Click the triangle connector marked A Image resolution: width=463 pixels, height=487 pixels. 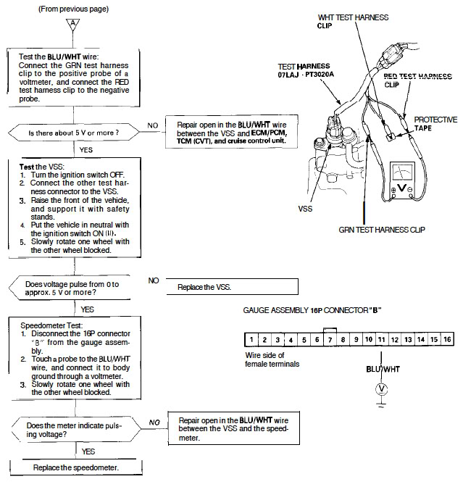click(73, 24)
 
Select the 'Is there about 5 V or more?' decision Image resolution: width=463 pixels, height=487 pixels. click(74, 133)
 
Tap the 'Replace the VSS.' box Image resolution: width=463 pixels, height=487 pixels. click(233, 287)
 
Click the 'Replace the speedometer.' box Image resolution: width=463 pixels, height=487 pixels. click(76, 467)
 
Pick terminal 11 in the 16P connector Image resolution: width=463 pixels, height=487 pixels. click(382, 339)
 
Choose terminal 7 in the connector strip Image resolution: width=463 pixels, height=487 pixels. click(330, 339)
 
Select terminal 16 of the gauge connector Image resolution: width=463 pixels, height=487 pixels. click(447, 339)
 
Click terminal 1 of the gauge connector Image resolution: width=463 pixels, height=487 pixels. click(251, 339)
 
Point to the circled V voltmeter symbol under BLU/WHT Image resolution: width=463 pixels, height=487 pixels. click(382, 389)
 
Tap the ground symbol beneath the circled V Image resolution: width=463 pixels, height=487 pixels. click(382, 403)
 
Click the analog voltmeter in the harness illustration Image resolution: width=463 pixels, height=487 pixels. click(402, 180)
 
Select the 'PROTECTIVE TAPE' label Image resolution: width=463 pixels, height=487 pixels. click(435, 124)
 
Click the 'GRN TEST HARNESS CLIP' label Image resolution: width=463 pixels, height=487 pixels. click(382, 230)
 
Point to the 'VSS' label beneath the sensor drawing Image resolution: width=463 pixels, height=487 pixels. click(305, 209)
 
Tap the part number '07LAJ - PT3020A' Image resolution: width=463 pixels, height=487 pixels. click(306, 75)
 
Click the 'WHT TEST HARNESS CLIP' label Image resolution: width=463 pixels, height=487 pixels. click(353, 22)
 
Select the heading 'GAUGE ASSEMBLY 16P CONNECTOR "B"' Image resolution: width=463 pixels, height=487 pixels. click(312, 310)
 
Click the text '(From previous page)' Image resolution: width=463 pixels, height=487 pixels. click(74, 9)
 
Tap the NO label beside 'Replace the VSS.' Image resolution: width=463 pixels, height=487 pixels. click(154, 280)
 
